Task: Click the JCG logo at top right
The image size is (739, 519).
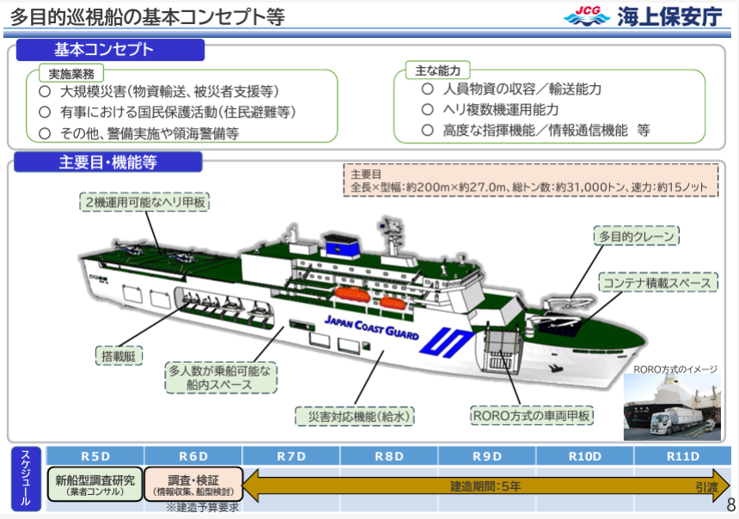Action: tap(586, 16)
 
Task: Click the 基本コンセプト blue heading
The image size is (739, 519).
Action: tap(110, 50)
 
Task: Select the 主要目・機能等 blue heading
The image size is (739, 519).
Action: tap(108, 162)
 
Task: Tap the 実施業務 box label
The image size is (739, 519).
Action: tap(71, 74)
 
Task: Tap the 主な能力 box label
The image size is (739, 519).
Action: tap(438, 70)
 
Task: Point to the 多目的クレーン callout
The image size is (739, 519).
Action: tap(636, 235)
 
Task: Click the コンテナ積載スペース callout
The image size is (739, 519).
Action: tap(657, 283)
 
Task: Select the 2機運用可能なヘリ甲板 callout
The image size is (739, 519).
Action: tap(144, 202)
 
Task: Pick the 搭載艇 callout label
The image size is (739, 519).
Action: tap(119, 356)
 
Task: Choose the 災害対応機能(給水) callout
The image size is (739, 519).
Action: tap(355, 416)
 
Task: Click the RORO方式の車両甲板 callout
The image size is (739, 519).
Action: tap(532, 415)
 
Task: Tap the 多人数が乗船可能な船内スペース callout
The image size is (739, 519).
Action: tap(221, 377)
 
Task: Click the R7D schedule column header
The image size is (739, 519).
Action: tap(291, 456)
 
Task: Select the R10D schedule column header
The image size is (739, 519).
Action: tap(585, 456)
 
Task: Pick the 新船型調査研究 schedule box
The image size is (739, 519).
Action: tap(95, 484)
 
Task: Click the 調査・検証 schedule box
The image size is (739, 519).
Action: tap(193, 484)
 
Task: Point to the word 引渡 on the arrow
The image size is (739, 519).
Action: tap(706, 487)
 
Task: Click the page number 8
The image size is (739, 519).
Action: tap(731, 505)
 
